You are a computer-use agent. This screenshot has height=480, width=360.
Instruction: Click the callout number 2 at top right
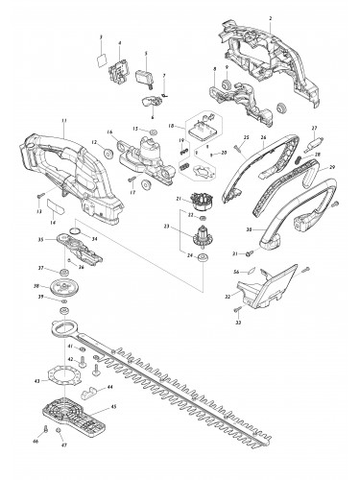point(271,19)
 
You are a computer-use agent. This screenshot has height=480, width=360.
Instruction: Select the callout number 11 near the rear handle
point(63,119)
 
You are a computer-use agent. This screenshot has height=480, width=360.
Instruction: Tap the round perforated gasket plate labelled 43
point(71,373)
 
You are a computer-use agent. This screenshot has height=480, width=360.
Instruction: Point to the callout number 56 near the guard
point(236,273)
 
